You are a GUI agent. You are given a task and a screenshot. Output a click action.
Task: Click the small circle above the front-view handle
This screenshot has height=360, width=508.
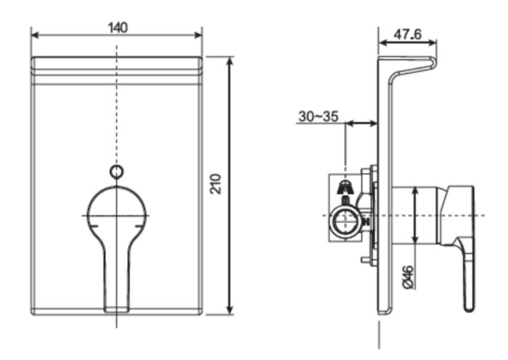pyautogui.click(x=116, y=172)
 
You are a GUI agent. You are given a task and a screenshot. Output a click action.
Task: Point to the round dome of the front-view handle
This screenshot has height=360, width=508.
pyautogui.click(x=116, y=207)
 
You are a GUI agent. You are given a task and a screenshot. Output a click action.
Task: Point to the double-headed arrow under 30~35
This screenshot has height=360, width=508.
pyautogui.click(x=360, y=124)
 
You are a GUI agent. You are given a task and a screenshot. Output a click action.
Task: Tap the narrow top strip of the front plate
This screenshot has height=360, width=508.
pyautogui.click(x=116, y=63)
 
